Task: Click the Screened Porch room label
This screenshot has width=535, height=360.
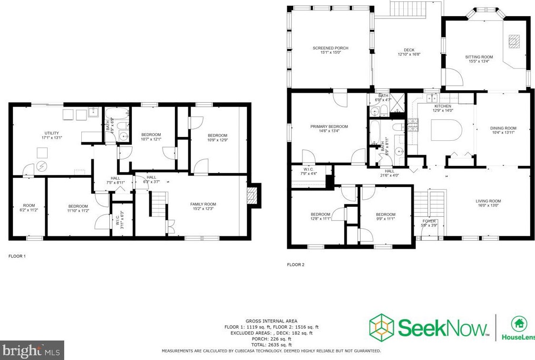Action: pos(330,50)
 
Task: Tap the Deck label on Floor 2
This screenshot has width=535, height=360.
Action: pos(409,52)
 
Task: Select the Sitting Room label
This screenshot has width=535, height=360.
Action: pos(479,59)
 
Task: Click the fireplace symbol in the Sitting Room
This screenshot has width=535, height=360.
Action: pos(513,42)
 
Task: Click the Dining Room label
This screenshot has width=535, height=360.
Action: pos(503,130)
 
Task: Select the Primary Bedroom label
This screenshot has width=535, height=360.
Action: pos(329,129)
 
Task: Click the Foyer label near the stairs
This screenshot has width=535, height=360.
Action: pos(429,223)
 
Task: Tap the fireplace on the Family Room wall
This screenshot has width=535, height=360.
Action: pos(253,195)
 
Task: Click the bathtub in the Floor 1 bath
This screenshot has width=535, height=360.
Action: pos(116,114)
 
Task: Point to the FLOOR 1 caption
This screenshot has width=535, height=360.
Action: pos(17,256)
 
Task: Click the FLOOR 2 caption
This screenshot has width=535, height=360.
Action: pos(295,264)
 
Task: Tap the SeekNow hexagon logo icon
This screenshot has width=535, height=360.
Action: pos(382,327)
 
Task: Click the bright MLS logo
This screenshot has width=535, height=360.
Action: pos(32,350)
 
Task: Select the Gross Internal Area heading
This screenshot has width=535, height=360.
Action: pos(271,321)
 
